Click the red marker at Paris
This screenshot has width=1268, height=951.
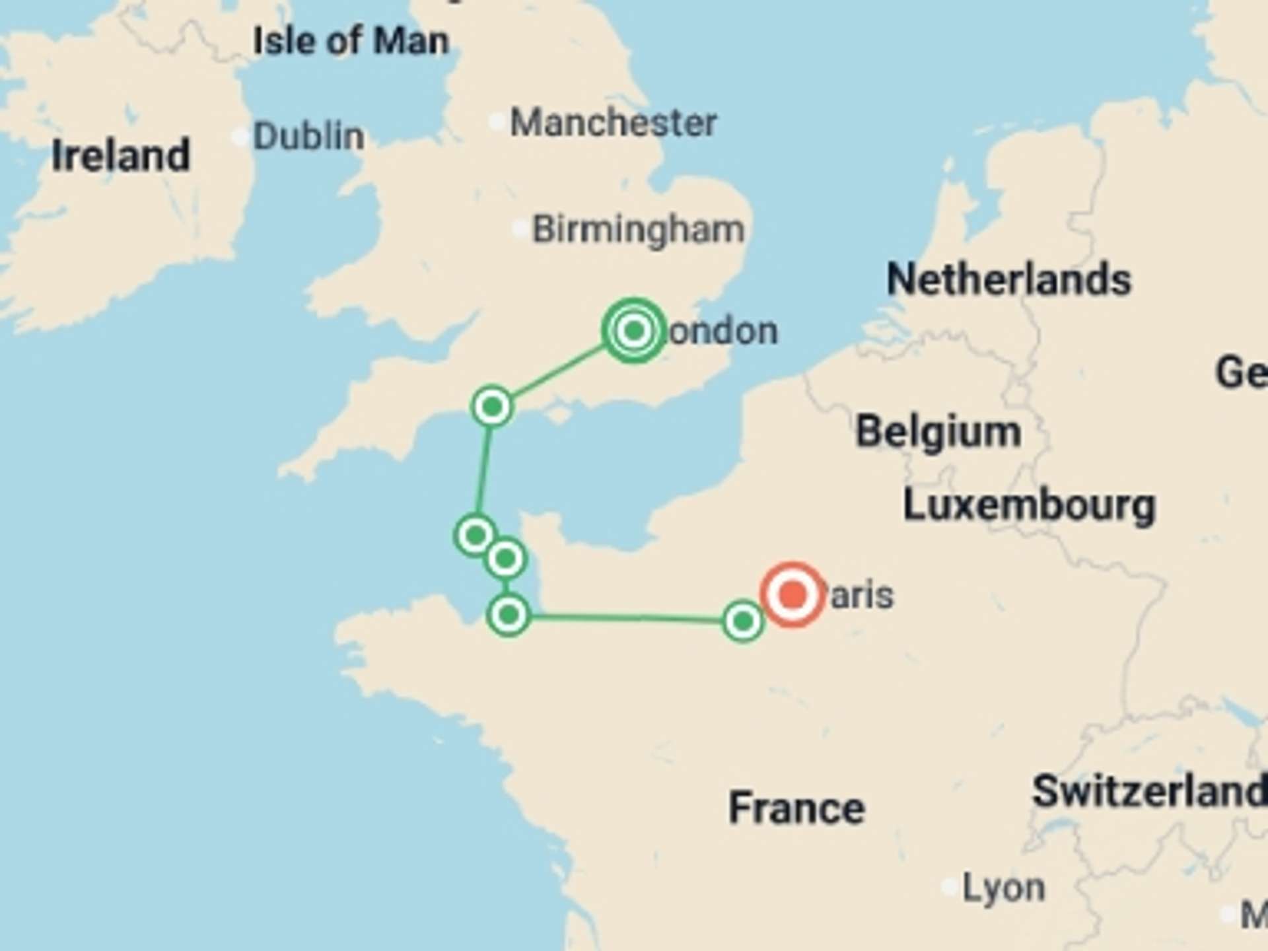pyautogui.click(x=792, y=594)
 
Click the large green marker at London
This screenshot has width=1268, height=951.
pyautogui.click(x=634, y=330)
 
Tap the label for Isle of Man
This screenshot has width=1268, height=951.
pyautogui.click(x=351, y=41)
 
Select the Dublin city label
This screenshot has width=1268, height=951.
pyautogui.click(x=308, y=137)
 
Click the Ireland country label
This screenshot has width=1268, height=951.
pyautogui.click(x=121, y=156)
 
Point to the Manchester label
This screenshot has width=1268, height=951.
pyautogui.click(x=614, y=123)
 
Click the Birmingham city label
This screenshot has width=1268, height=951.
pyautogui.click(x=638, y=230)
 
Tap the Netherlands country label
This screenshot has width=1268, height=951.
pyautogui.click(x=1008, y=279)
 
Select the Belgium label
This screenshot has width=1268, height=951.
pyautogui.click(x=938, y=432)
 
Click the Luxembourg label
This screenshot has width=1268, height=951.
pyautogui.click(x=1029, y=506)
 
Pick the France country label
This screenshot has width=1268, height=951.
pyautogui.click(x=796, y=808)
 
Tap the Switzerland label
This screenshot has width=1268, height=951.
pyautogui.click(x=1149, y=791)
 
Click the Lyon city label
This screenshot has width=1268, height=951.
pyautogui.click(x=1003, y=888)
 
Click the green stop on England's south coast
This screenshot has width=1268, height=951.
pyautogui.click(x=492, y=407)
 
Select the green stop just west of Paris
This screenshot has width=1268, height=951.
pyautogui.click(x=743, y=621)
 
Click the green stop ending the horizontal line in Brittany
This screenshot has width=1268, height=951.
pyautogui.click(x=509, y=616)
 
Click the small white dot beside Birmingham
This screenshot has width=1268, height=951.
pyautogui.click(x=520, y=229)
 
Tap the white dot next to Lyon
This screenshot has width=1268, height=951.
pyautogui.click(x=950, y=887)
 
